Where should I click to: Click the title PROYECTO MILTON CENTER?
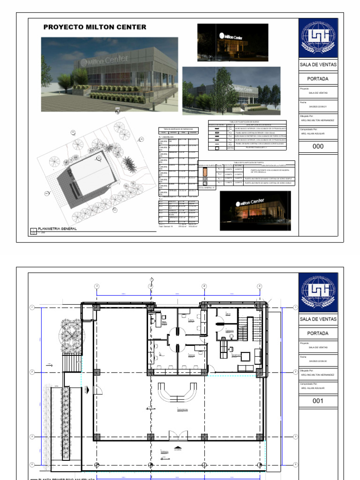(95, 27)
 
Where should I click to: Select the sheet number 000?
(318, 147)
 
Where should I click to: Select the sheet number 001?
(318, 401)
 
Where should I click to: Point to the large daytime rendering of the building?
(109, 74)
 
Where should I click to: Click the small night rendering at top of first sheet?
(232, 42)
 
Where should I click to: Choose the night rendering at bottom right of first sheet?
(255, 210)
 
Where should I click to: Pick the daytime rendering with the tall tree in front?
(231, 90)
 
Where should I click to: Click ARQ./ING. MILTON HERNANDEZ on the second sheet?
(317, 375)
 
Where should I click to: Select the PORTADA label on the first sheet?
(318, 79)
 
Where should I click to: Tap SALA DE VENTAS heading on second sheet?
(318, 319)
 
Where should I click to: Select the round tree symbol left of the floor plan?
(70, 334)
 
